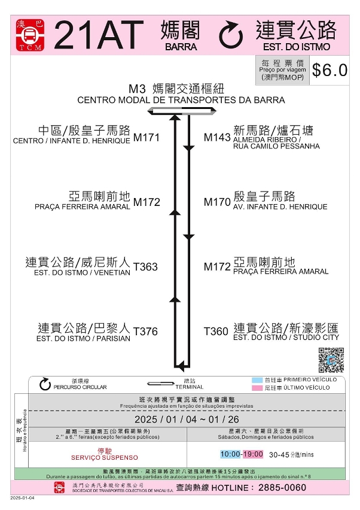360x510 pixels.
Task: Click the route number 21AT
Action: coord(99,35)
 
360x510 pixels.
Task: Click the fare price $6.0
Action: coord(330,70)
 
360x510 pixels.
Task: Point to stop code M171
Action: coord(147,138)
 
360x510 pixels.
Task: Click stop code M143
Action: coord(216,138)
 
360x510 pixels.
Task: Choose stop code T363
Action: coord(146,267)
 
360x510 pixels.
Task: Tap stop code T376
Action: coord(146,332)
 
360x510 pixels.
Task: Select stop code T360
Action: coord(216,332)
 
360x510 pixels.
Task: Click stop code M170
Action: coord(216,202)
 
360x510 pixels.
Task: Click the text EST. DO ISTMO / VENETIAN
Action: coord(82,272)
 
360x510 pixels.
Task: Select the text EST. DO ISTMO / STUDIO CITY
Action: coord(286,338)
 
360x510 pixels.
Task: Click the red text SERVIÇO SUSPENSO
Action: coord(105,457)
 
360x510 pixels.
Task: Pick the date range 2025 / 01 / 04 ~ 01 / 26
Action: coord(187,418)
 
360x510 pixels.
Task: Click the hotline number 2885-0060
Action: coord(282,488)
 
